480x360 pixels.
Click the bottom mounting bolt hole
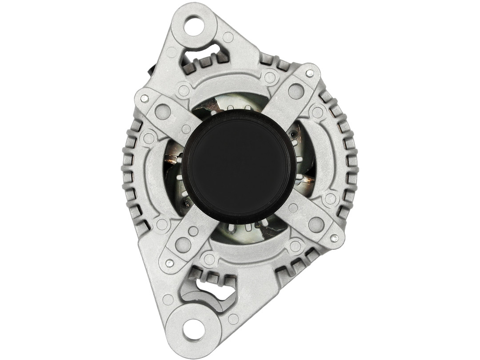pos(193,329)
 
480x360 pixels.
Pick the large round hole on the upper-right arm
pos(296,91)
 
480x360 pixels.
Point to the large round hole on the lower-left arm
pos(183,244)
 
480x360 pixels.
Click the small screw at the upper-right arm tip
pos(310,72)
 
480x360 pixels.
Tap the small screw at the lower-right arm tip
pos(336,238)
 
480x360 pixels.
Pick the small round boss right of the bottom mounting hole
pos(233,318)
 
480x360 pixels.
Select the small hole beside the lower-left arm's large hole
pos(193,231)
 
